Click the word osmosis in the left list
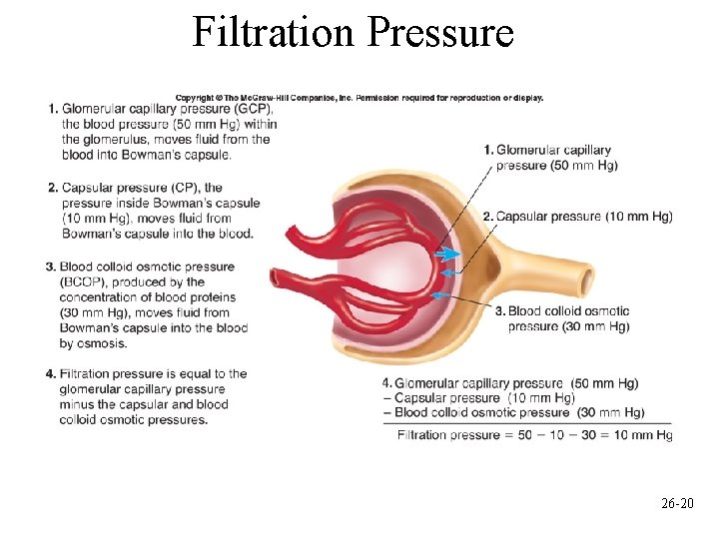[x=104, y=343]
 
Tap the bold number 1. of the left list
[x=51, y=109]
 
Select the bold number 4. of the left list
[x=51, y=374]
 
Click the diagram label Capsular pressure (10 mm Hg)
[x=584, y=217]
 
